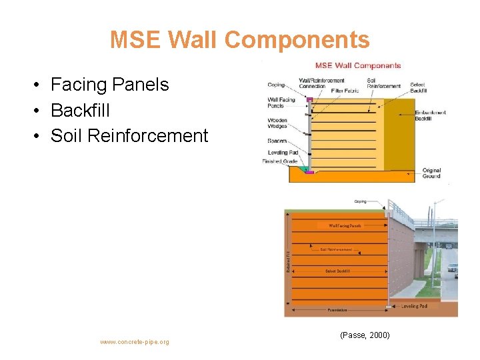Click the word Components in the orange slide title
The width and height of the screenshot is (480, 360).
pos(297,40)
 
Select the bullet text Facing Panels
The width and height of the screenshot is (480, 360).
pos(109,85)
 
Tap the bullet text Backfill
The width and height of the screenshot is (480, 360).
pos(80,110)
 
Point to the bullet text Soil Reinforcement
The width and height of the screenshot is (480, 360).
pos(129,135)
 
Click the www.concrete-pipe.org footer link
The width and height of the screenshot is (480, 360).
pos(135,342)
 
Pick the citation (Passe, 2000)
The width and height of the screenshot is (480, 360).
pos(365,334)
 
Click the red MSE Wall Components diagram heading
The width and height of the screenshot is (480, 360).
pos(358,65)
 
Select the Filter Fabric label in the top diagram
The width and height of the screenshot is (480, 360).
pos(345,91)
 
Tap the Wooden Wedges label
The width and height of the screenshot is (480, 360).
pos(277,124)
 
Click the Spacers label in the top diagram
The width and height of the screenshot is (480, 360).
pos(277,141)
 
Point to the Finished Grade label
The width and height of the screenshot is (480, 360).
pos(281,161)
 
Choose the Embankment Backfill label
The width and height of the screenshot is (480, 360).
pos(431,116)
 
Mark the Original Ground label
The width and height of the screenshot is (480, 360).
pos(431,173)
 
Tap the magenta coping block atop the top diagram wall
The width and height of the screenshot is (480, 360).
pos(309,99)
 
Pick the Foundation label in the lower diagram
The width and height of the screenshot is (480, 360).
pos(337,310)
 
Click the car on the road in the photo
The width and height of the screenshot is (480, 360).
pos(453,269)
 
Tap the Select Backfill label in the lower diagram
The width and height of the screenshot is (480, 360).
pos(338,271)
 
